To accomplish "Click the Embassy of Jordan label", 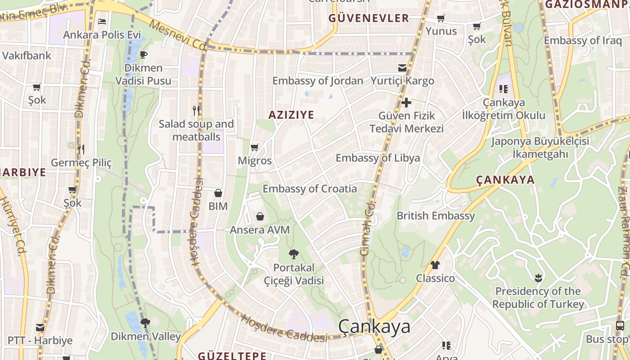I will (x=318, y=81).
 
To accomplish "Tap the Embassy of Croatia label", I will (x=310, y=189).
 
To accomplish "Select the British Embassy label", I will (x=435, y=216).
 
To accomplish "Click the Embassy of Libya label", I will (x=378, y=158).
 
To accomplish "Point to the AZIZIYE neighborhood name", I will (x=291, y=115).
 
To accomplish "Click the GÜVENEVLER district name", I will (x=369, y=18).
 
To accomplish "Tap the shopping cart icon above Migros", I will (x=254, y=147).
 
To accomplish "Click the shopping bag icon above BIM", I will (x=218, y=193).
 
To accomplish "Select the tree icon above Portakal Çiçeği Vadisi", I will (x=293, y=254).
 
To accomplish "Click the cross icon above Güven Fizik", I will (x=406, y=103).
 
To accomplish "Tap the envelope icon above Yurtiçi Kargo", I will (x=402, y=68).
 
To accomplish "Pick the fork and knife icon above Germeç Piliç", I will (x=81, y=149).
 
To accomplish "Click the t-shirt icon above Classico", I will (x=435, y=265).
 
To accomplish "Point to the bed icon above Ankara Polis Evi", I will (x=102, y=21).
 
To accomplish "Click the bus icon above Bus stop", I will (x=620, y=326).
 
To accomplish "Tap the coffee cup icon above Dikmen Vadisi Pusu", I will (x=144, y=55).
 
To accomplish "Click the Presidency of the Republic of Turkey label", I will (x=538, y=297).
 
